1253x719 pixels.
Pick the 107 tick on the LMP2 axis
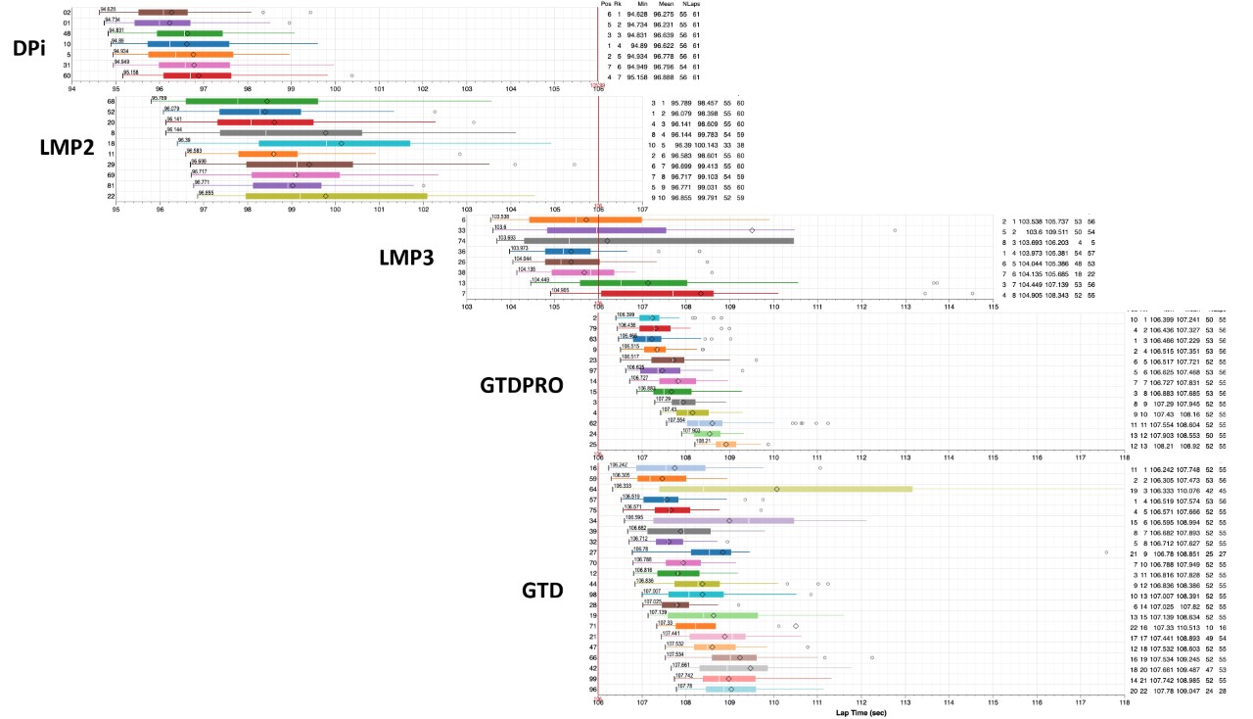click(642, 208)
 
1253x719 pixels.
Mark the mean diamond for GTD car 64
click(777, 489)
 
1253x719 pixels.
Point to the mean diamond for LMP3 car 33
click(752, 230)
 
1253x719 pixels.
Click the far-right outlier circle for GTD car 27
click(1106, 552)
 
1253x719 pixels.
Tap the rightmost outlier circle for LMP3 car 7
click(972, 293)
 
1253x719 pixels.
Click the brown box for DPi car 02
click(162, 12)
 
